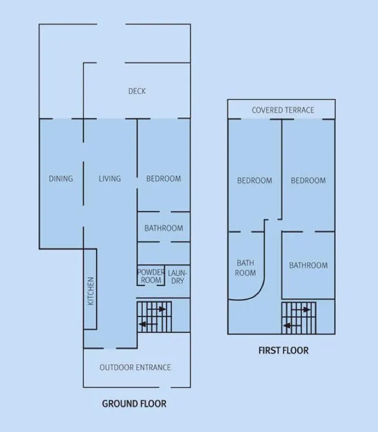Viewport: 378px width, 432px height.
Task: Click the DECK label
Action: [x=137, y=91]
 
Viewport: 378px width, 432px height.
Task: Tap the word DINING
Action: [x=61, y=179]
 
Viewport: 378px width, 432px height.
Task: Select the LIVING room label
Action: [x=109, y=179]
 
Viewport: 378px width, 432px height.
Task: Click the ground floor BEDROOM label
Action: [x=163, y=179]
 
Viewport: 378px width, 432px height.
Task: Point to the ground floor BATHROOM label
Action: [x=164, y=228]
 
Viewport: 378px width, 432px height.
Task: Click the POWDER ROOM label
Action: [x=151, y=276]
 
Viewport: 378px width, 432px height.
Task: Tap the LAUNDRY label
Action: [x=177, y=277]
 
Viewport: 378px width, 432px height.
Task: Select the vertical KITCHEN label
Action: [x=91, y=291]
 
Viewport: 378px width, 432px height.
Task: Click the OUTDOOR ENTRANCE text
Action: [x=135, y=368]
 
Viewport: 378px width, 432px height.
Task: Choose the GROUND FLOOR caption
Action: [x=134, y=404]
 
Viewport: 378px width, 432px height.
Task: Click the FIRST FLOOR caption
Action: [x=283, y=351]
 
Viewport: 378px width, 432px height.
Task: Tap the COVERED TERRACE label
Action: [x=283, y=110]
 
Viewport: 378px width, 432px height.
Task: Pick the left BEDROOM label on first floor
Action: [x=255, y=181]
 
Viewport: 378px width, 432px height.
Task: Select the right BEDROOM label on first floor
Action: [x=308, y=181]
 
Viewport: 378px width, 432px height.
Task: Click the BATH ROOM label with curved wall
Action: [x=245, y=268]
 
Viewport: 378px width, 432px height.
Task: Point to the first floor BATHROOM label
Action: [x=308, y=266]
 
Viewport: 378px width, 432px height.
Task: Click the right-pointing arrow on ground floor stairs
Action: [x=157, y=309]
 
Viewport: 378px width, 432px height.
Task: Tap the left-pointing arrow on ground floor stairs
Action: [x=148, y=324]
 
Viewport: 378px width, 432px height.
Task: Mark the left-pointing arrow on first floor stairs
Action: [x=292, y=326]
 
